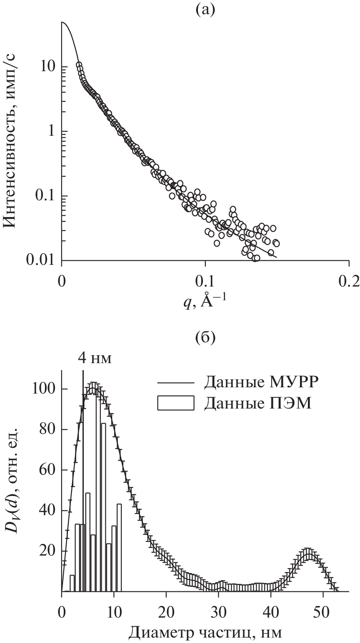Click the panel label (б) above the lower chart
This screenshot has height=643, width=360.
click(x=205, y=339)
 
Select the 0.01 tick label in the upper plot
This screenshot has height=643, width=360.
click(x=42, y=261)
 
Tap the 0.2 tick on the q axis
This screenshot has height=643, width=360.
click(x=349, y=281)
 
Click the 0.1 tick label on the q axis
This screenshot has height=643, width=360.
click(x=205, y=281)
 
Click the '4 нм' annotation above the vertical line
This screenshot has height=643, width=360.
click(x=95, y=359)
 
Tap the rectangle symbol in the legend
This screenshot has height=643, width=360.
click(x=177, y=404)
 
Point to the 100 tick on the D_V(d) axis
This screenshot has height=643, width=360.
click(x=47, y=389)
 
